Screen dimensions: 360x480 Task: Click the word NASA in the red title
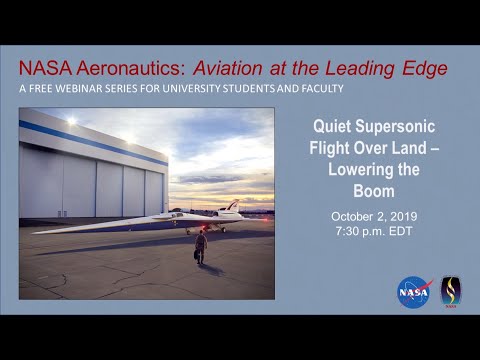42,67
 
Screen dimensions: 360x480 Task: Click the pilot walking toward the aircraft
201,246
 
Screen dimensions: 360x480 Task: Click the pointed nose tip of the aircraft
38,231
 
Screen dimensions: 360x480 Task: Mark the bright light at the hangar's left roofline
70,121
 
